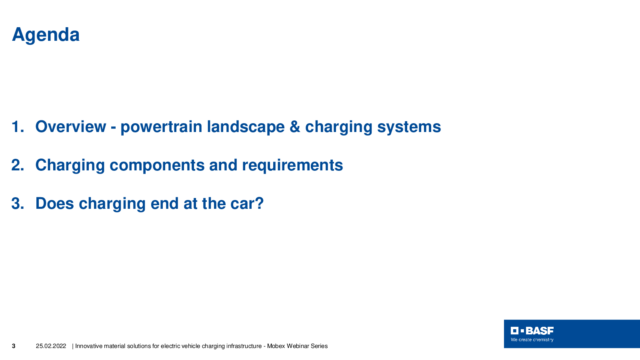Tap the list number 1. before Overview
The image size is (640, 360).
18,126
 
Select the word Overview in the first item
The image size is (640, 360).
70,126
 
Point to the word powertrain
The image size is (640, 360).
161,128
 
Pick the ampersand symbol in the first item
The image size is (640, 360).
295,126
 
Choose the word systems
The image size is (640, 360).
409,128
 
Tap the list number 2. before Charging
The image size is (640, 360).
18,165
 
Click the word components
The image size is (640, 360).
157,166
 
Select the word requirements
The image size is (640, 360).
292,166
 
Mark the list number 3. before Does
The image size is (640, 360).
18,204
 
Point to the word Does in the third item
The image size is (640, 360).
54,204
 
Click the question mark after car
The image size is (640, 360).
259,204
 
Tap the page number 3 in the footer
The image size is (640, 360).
14,346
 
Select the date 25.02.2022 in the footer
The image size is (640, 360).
51,346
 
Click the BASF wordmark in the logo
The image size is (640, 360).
540,331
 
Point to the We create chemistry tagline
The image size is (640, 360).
532,340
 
